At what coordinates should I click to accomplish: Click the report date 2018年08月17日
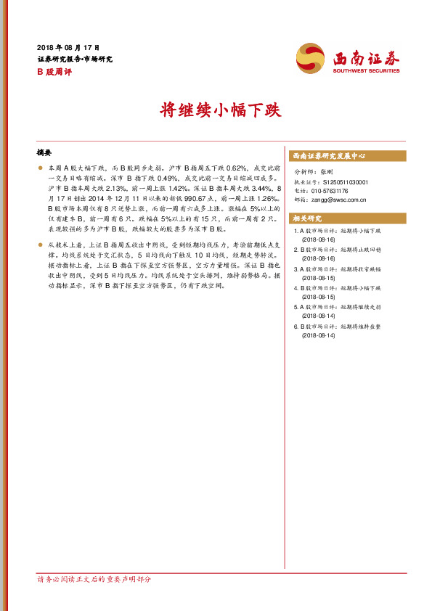(x=68, y=46)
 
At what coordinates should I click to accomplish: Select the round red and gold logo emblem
(x=311, y=58)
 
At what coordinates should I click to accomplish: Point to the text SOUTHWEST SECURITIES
(x=367, y=71)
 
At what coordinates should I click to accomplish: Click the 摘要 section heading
(x=44, y=153)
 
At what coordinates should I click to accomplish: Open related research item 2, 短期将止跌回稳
(x=344, y=250)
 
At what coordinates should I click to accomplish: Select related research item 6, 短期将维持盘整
(x=344, y=327)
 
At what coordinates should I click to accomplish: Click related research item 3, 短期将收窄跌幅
(x=344, y=269)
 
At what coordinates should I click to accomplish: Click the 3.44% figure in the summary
(x=255, y=188)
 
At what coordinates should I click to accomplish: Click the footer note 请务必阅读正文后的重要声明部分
(x=94, y=580)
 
